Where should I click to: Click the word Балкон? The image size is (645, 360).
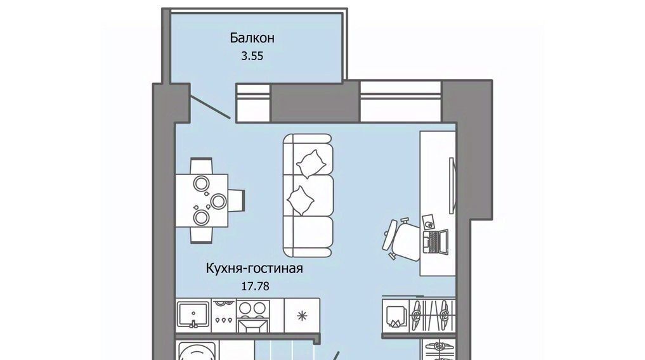pyautogui.click(x=252, y=38)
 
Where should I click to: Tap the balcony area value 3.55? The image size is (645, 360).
pyautogui.click(x=252, y=56)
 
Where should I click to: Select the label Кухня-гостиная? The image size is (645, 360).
pyautogui.click(x=254, y=268)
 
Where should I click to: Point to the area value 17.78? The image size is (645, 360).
pyautogui.click(x=255, y=286)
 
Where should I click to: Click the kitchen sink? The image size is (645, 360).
pyautogui.click(x=193, y=315)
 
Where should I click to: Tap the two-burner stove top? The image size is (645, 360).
pyautogui.click(x=253, y=309)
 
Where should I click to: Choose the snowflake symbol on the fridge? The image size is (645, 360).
pyautogui.click(x=303, y=316)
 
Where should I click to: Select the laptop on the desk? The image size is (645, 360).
pyautogui.click(x=436, y=242)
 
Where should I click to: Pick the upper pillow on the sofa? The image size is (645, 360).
pyautogui.click(x=311, y=163)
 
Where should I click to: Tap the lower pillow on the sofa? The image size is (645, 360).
pyautogui.click(x=300, y=200)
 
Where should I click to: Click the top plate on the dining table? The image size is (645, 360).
pyautogui.click(x=202, y=183)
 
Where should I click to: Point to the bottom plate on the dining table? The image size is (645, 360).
pyautogui.click(x=202, y=217)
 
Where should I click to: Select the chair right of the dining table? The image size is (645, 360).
pyautogui.click(x=237, y=200)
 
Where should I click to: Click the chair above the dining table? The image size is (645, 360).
pyautogui.click(x=201, y=166)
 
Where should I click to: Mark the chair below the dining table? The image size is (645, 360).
pyautogui.click(x=201, y=235)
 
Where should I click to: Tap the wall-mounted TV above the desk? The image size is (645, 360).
pyautogui.click(x=452, y=186)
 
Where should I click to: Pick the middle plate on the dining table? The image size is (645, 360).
pyautogui.click(x=218, y=201)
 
